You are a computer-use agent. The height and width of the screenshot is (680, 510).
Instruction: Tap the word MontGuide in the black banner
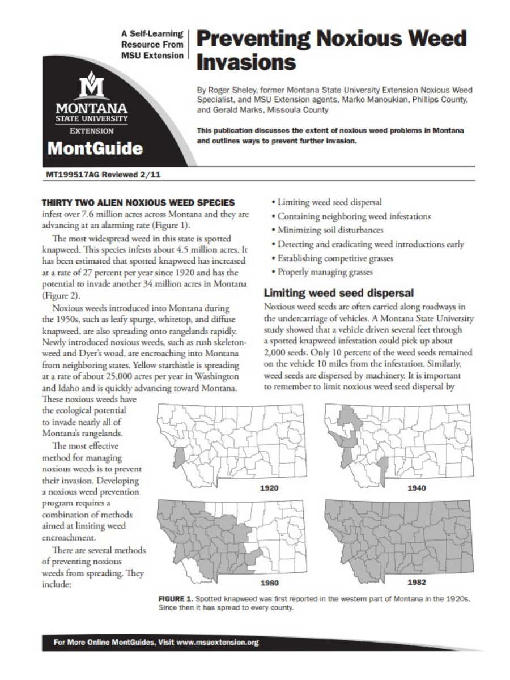pos(95,148)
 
